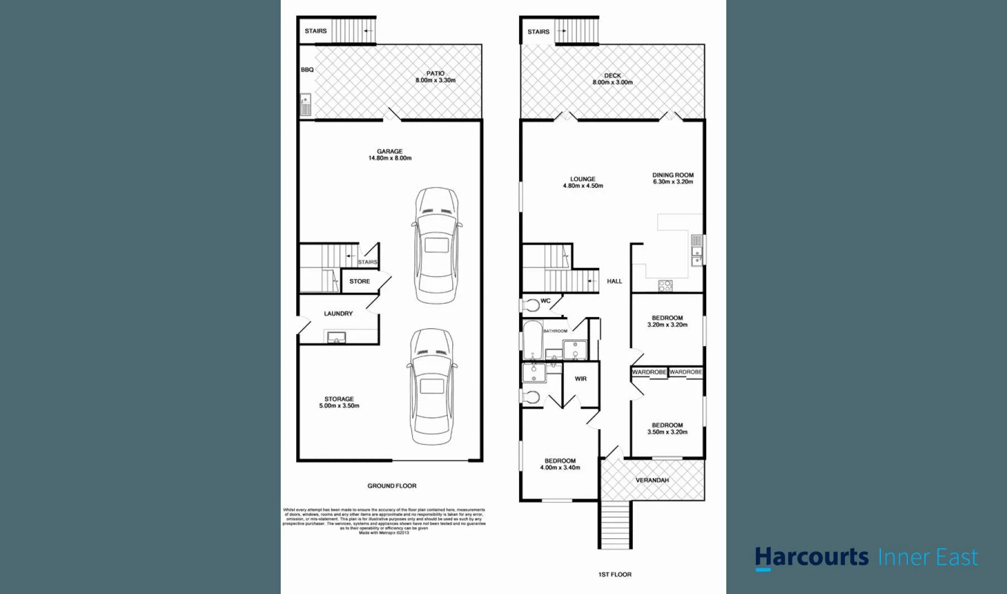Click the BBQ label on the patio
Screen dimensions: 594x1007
click(307, 70)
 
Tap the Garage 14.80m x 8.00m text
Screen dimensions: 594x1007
click(389, 155)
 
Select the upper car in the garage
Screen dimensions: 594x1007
click(436, 245)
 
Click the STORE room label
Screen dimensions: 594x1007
click(359, 281)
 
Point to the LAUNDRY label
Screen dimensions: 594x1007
click(338, 314)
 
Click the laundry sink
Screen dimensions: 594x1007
click(336, 337)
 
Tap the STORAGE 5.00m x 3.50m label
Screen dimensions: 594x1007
click(339, 402)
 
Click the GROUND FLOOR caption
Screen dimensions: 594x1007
click(392, 486)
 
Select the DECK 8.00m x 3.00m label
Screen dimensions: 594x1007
click(612, 79)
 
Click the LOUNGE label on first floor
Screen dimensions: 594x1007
click(583, 182)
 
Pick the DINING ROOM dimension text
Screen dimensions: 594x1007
click(673, 182)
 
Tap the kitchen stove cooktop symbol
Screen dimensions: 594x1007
click(665, 285)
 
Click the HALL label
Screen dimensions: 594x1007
click(614, 281)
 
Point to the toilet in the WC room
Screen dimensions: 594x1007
click(531, 305)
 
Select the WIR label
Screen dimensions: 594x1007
click(580, 379)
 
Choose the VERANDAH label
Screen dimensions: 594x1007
click(652, 480)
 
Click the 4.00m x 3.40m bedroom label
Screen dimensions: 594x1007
click(560, 464)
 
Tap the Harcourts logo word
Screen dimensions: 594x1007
click(812, 557)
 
